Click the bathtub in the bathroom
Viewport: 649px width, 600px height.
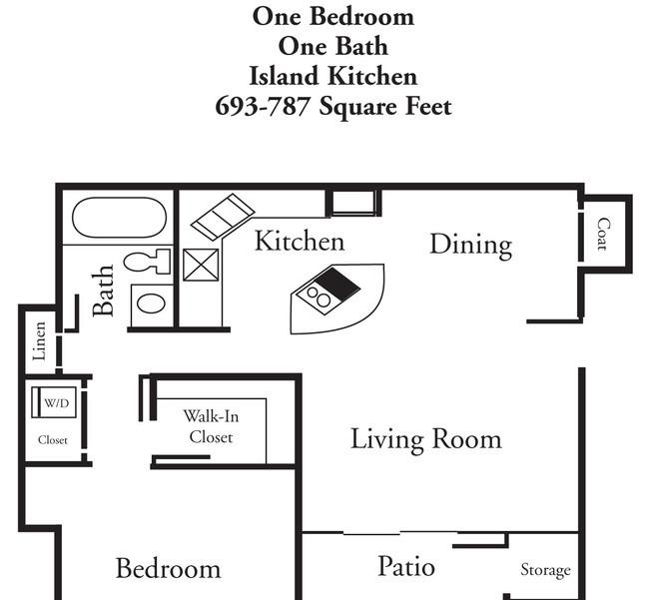(119, 218)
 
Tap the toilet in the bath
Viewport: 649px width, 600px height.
(148, 262)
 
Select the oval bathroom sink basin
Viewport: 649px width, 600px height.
(151, 303)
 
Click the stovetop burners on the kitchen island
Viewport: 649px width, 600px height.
(318, 297)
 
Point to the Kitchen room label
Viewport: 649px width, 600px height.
(300, 241)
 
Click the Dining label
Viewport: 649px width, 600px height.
(471, 245)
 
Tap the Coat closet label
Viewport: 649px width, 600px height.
(603, 235)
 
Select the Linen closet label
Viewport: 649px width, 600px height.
(39, 341)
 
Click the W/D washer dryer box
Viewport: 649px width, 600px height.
(54, 402)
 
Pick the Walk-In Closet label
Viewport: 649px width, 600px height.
(211, 426)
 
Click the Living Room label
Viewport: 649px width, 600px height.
(426, 439)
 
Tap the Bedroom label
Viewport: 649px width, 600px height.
(168, 568)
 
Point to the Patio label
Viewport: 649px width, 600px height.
(406, 566)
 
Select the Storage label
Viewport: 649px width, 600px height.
(545, 570)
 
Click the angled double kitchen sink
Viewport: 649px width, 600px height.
(223, 217)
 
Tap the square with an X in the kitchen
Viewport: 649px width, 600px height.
(201, 265)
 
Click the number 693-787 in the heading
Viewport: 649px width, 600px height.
(263, 107)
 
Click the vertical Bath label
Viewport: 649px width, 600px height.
(103, 291)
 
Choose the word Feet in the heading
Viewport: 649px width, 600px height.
(428, 107)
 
